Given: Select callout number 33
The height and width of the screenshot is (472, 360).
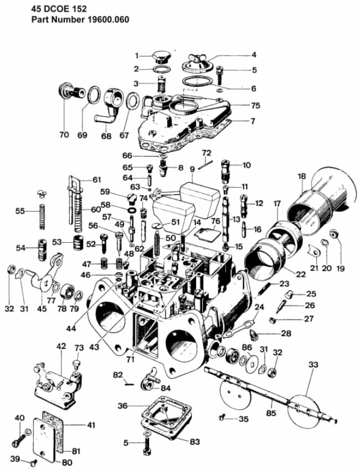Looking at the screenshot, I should click(x=314, y=365).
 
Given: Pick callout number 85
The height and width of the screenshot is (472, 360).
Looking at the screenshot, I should click(x=271, y=412).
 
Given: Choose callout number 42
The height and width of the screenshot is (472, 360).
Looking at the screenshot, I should click(x=61, y=346).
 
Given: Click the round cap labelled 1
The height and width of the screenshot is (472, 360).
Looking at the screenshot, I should click(x=161, y=56).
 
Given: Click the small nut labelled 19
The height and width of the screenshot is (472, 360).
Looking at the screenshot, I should click(x=335, y=234).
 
